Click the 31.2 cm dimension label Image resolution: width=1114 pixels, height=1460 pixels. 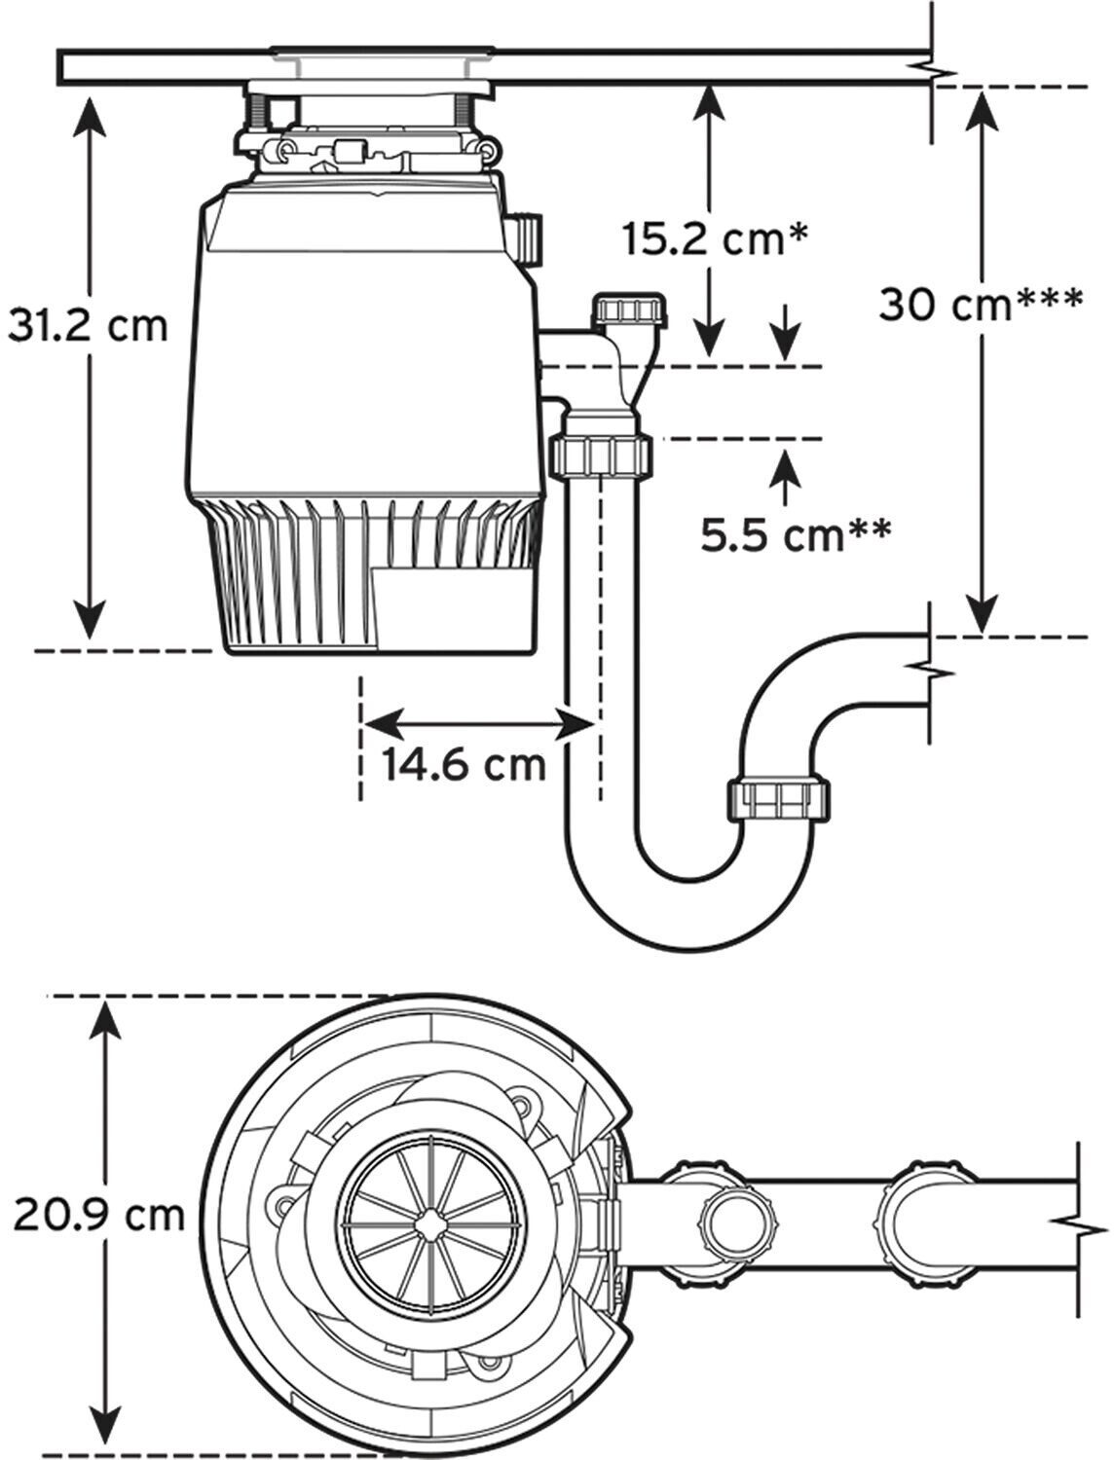tap(88, 327)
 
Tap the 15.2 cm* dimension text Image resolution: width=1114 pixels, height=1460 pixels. tap(716, 239)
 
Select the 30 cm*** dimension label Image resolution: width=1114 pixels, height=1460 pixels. tap(981, 305)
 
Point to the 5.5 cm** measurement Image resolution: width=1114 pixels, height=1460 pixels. tap(796, 534)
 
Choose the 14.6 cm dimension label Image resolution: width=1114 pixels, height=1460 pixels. tap(464, 765)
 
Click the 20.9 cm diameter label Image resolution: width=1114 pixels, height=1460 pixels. tap(98, 1216)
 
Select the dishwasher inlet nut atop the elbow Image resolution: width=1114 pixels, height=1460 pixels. tap(629, 310)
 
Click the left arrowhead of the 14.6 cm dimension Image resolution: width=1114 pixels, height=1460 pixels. tap(384, 724)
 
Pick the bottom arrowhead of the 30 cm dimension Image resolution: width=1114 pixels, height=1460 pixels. tap(982, 614)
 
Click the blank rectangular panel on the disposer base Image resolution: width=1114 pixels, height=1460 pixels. tap(454, 607)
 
